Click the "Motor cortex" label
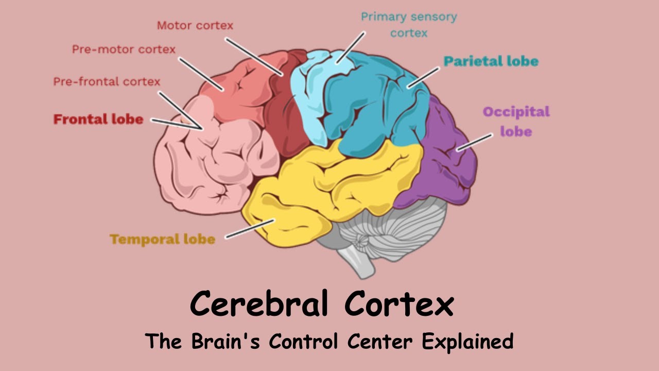click(x=195, y=25)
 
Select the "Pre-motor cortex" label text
click(x=124, y=49)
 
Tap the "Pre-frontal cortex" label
click(x=107, y=81)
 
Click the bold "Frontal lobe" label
click(x=98, y=120)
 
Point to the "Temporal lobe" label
click(x=162, y=239)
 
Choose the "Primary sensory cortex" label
click(x=409, y=25)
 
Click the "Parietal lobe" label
click(x=491, y=61)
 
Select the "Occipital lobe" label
click(x=516, y=121)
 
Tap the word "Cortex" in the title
click(x=398, y=304)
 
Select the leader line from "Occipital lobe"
click(x=474, y=142)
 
